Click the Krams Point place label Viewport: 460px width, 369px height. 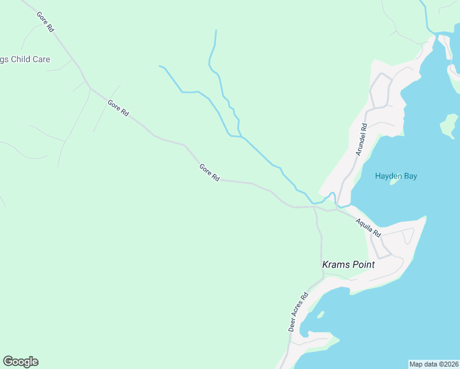click(x=349, y=264)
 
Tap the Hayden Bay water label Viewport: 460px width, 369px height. click(x=396, y=176)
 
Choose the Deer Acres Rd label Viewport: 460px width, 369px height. click(x=298, y=312)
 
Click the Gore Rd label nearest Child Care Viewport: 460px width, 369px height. click(x=46, y=22)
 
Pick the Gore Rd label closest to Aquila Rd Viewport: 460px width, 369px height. click(x=209, y=172)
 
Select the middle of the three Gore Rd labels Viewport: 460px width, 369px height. click(x=118, y=108)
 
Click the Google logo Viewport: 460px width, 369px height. click(x=20, y=362)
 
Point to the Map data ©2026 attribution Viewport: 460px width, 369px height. click(x=434, y=364)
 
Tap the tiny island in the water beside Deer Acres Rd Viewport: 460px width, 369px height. click(x=320, y=314)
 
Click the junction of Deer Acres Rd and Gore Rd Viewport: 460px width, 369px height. click(x=314, y=207)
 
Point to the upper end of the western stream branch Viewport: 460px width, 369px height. click(x=161, y=66)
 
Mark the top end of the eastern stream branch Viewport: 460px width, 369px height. click(x=216, y=31)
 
